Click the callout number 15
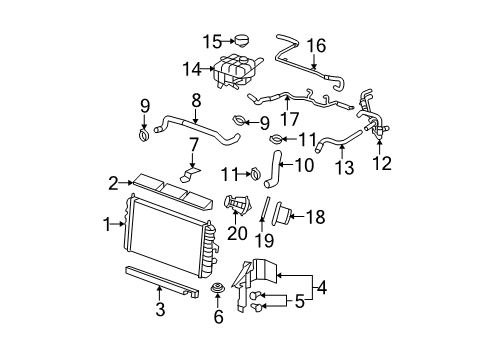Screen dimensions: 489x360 pos(213,42)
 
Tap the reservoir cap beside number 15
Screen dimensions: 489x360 pos(242,41)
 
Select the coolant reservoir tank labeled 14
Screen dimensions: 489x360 pos(237,72)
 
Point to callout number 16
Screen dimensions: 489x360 pos(316,46)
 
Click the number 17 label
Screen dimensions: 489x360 pos(289,119)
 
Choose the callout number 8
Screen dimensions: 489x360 pos(196,100)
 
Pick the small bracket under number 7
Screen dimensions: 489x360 pos(190,175)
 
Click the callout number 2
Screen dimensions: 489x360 pos(113,183)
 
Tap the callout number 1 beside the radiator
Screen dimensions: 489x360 pos(107,224)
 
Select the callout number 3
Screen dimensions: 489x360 pos(160,309)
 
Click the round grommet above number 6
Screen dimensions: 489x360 pos(217,288)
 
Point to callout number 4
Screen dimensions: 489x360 pos(322,287)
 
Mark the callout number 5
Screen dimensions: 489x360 pos(300,302)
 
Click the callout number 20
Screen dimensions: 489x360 pos(237,233)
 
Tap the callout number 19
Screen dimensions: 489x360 pos(264,240)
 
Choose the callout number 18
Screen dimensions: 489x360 pos(315,217)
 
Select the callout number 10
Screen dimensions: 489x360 pos(304,165)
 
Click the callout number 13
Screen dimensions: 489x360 pos(345,167)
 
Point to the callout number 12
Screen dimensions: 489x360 pos(382,163)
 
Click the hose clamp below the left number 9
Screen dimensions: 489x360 pos(144,136)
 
